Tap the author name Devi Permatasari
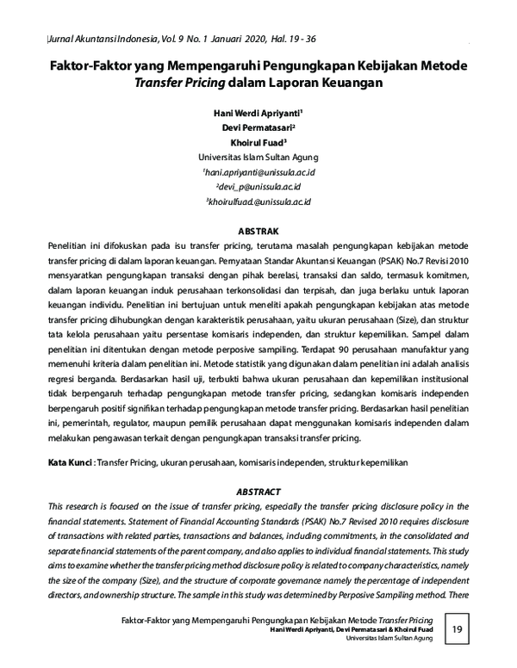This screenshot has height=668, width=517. click(257, 127)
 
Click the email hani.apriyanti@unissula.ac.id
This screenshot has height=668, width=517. click(258, 172)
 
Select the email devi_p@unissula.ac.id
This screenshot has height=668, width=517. click(258, 186)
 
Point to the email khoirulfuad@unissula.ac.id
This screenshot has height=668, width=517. click(258, 201)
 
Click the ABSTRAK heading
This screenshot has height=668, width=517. click(258, 231)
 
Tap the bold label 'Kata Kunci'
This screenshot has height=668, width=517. click(71, 463)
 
